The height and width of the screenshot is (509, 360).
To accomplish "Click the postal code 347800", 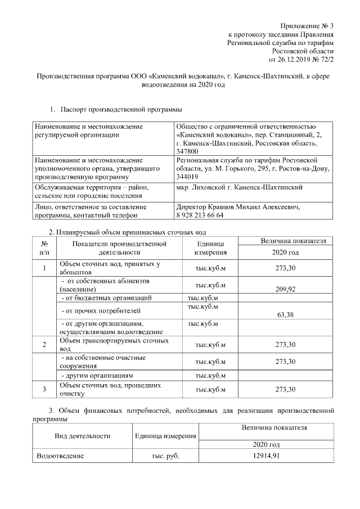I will [x=187, y=151].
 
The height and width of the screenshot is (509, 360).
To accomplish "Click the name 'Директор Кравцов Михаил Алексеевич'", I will [x=238, y=207].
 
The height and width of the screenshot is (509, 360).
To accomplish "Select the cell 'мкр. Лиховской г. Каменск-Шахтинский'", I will [x=240, y=187].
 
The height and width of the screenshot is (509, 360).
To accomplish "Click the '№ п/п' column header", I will [x=44, y=248].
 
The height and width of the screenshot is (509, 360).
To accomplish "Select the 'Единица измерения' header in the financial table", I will [x=165, y=436].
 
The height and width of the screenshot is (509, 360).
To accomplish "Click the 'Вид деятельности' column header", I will [x=82, y=436].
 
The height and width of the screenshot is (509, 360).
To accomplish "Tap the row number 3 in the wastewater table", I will [x=44, y=389].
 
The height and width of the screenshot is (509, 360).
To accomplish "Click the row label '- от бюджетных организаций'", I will [x=106, y=298].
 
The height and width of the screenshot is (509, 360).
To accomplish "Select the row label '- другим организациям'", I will [x=97, y=375].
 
